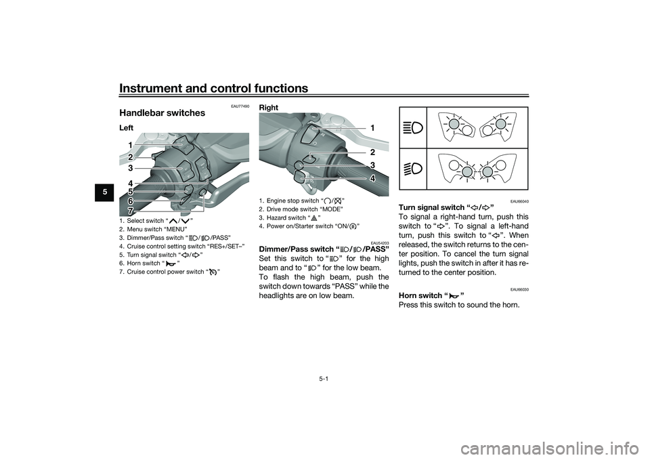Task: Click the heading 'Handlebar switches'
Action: click(162, 113)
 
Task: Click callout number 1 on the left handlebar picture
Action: click(129, 145)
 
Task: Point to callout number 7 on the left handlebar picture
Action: click(129, 211)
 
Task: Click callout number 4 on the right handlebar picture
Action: click(372, 177)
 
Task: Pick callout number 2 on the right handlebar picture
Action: click(372, 152)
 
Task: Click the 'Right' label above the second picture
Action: click(269, 108)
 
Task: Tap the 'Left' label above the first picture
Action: click(126, 127)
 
